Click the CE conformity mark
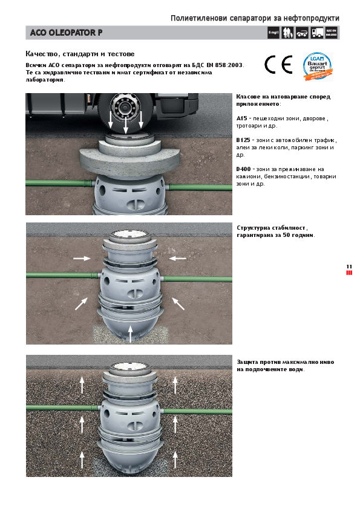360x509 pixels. pos(278,65)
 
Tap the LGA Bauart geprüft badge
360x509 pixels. pos(318,65)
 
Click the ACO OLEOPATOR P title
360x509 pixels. pos(67,33)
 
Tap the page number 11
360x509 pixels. pos(349,267)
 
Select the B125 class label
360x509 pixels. pos(243,140)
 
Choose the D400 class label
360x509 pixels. pos(244,169)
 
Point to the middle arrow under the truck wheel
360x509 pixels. pos(125,125)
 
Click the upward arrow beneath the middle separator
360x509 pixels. pos(131,331)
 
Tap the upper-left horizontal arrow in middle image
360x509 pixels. pos(82,258)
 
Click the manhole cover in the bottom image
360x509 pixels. pos(128,368)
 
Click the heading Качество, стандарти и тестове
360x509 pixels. pos(80,54)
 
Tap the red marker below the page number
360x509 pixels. pos(349,273)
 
